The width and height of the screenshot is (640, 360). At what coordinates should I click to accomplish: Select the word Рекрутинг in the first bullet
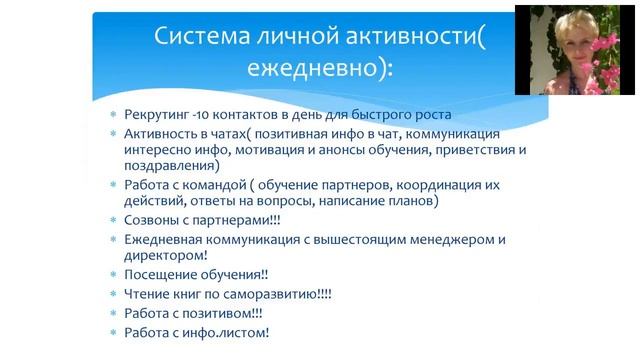[159, 114]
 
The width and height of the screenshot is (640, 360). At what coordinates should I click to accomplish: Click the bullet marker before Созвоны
[112, 219]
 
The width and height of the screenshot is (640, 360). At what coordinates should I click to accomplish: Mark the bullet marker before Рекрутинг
[112, 115]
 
